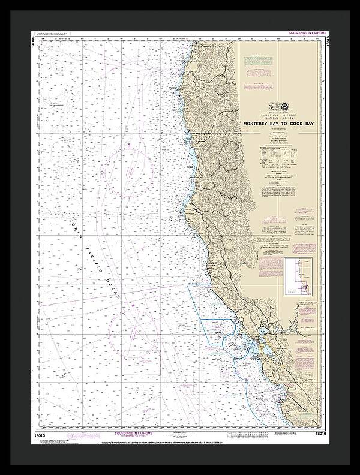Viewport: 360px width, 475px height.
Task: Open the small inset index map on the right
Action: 299,276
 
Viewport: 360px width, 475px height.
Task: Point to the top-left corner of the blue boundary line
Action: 190,287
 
